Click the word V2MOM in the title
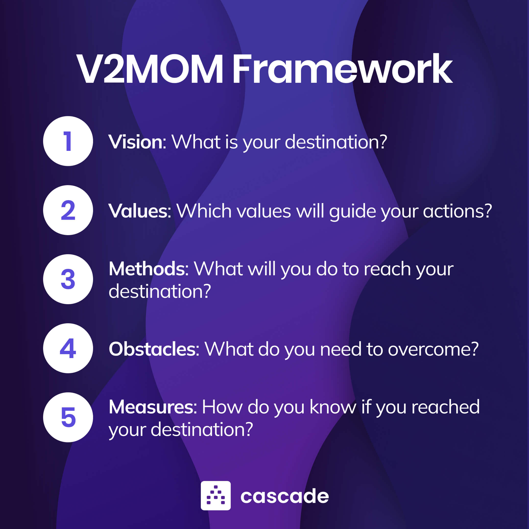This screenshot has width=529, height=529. pos(150,69)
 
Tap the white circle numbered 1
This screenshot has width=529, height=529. pos(68,141)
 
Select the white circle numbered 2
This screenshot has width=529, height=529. pos(68,210)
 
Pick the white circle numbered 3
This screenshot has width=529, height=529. pos(68,279)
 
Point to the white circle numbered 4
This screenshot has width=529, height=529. pos(68,348)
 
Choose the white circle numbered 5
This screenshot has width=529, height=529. pos(68,417)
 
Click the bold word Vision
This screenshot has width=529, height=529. pos(136,142)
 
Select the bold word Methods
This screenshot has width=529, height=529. pos(147,269)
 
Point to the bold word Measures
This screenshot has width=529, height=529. pos(151,407)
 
